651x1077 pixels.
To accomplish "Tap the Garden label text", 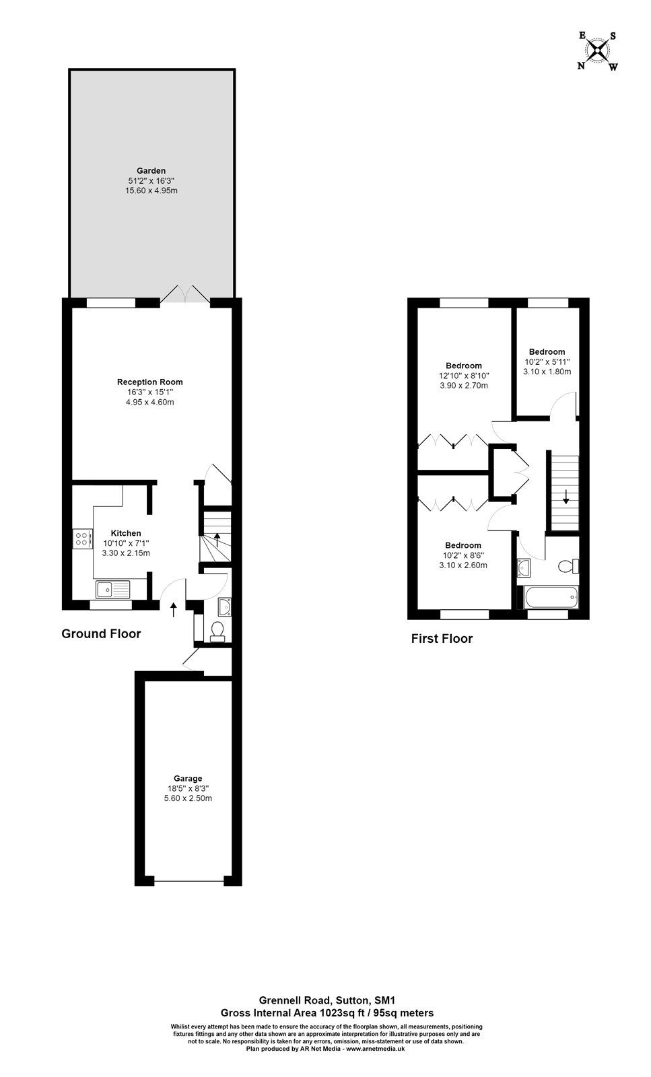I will pyautogui.click(x=151, y=171).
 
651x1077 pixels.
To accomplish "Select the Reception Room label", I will pyautogui.click(x=149, y=382).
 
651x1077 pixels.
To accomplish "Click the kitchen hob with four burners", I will pyautogui.click(x=82, y=538).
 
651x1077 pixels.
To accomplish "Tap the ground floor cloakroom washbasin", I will pyautogui.click(x=225, y=607).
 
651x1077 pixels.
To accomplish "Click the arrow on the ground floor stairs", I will pyautogui.click(x=217, y=539).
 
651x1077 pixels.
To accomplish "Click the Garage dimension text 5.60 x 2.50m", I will pyautogui.click(x=188, y=798).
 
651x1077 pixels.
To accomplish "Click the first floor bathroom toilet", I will pyautogui.click(x=569, y=565).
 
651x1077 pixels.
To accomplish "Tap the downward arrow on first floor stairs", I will pyautogui.click(x=566, y=497).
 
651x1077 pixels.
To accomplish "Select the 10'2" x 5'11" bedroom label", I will pyautogui.click(x=547, y=361).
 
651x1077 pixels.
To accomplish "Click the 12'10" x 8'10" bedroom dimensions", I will pyautogui.click(x=463, y=376).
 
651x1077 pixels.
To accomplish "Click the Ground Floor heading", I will pyautogui.click(x=101, y=633).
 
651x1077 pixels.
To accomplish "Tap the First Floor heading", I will pyautogui.click(x=442, y=639).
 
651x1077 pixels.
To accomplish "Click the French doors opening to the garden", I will pyautogui.click(x=185, y=294).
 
